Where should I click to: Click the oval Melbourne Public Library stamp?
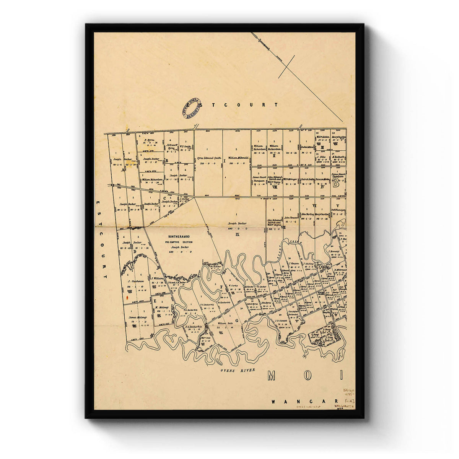(x=192, y=108)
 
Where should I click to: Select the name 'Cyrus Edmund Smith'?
(x=209, y=158)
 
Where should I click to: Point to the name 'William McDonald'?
(x=238, y=158)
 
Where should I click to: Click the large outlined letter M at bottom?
(x=272, y=376)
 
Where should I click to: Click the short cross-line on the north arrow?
(x=286, y=67)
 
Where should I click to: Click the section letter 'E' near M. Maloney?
(x=155, y=301)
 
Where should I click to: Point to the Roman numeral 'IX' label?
(x=237, y=234)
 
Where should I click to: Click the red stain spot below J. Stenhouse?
(x=127, y=296)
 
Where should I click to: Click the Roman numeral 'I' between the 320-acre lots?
(x=225, y=161)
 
